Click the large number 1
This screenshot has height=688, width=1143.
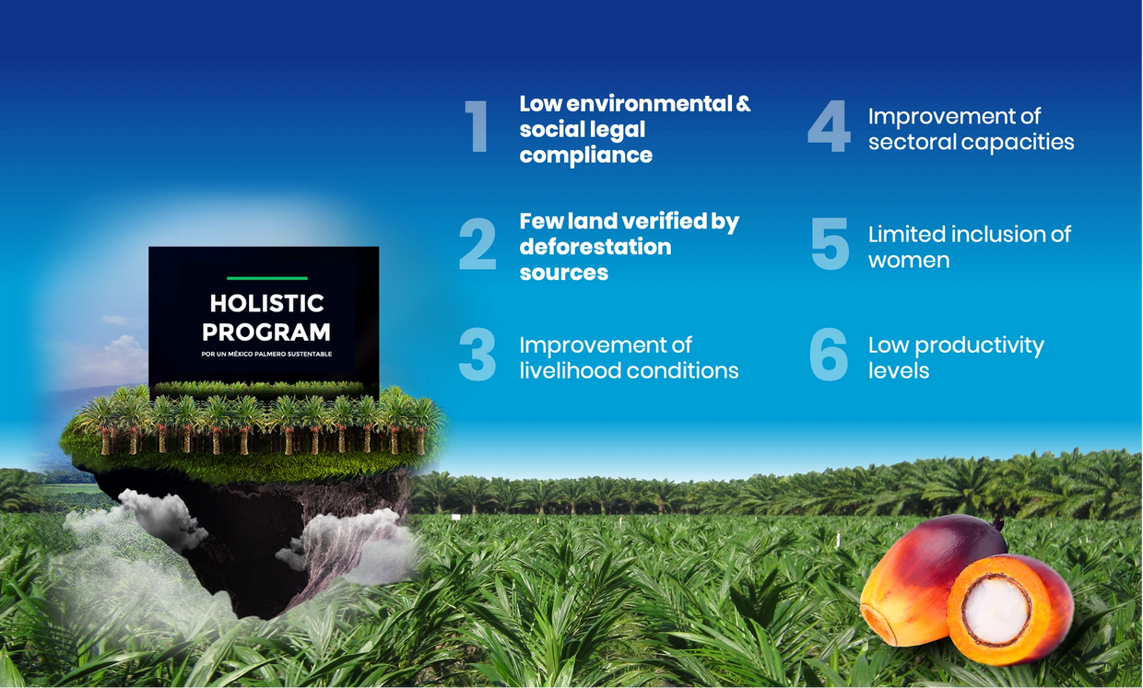pos(477,125)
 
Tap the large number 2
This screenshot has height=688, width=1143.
pos(477,244)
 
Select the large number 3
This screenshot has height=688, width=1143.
pos(477,355)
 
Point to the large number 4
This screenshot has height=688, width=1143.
pos(830,125)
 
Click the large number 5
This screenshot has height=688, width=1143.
pos(831,244)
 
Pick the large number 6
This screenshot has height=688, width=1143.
pos(830,355)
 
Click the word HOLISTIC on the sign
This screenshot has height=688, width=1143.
pos(266,303)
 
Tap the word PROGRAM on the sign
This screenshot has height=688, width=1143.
pos(265,332)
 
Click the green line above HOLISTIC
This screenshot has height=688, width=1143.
pos(267,278)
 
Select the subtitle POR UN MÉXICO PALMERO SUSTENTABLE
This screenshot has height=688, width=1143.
pos(266,354)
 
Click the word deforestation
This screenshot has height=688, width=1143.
pos(595,247)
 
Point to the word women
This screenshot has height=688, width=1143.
pos(909,261)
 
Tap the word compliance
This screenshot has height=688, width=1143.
pos(586,156)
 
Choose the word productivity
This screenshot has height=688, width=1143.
pos(979,346)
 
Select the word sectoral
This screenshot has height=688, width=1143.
pos(912,142)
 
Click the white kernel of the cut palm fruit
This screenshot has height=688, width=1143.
pos(995,611)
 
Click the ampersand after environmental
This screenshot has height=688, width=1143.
pos(742,103)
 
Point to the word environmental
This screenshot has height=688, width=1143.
pos(650,103)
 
